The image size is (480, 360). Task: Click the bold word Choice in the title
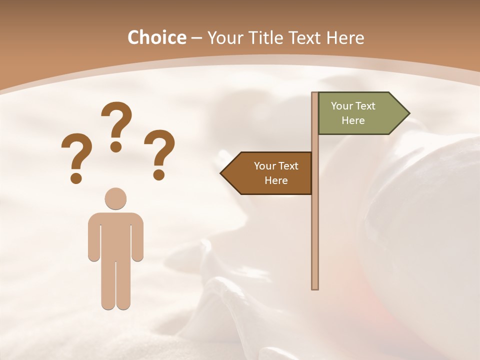(156, 37)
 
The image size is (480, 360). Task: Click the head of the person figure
(115, 198)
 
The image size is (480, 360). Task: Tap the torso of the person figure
(115, 235)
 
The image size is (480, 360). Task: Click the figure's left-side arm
(94, 237)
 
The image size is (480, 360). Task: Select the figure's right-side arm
(137, 237)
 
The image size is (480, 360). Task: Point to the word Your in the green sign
(341, 106)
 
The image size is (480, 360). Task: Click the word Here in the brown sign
(276, 180)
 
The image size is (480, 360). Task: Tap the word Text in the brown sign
(287, 166)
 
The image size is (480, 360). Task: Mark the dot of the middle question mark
(116, 146)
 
